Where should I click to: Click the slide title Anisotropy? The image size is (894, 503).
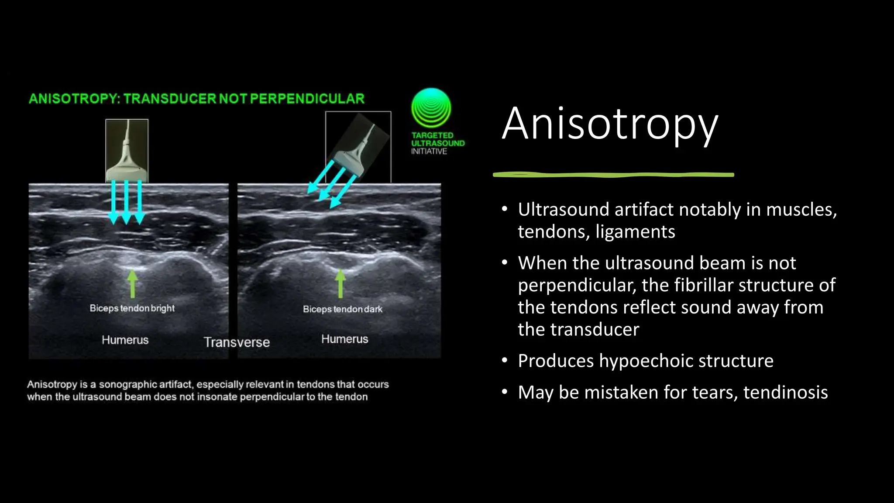point(609,124)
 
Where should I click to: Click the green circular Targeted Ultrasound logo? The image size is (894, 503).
point(431,108)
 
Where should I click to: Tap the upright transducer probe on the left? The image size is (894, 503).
point(127,151)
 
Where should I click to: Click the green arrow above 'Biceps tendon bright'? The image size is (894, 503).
point(133,284)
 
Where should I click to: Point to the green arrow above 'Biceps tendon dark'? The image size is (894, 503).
point(340,284)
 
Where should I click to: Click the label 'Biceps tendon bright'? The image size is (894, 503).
point(132,308)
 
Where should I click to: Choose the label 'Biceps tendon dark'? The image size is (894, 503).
point(343,309)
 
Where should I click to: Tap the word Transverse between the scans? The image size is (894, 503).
point(237,342)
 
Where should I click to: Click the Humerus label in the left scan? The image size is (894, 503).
point(125,340)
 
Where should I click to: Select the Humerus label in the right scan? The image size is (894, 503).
point(345,339)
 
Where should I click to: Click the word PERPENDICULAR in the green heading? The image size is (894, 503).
point(307,99)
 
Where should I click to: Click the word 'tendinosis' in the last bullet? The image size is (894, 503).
point(785,393)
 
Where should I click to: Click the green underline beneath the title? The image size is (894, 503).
point(613,175)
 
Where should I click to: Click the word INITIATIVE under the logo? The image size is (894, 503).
point(429,152)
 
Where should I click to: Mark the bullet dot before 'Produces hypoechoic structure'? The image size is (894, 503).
point(505,361)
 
